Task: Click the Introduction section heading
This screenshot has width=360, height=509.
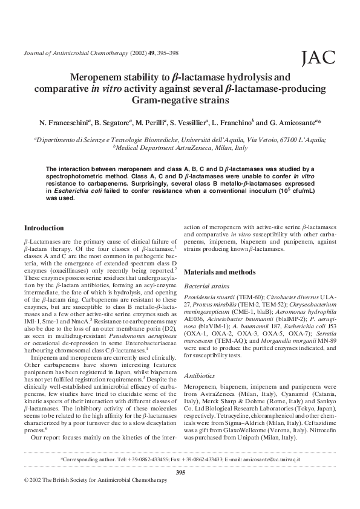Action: pyautogui.click(x=44, y=228)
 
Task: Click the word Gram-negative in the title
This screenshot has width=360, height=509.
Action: pyautogui.click(x=160, y=100)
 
